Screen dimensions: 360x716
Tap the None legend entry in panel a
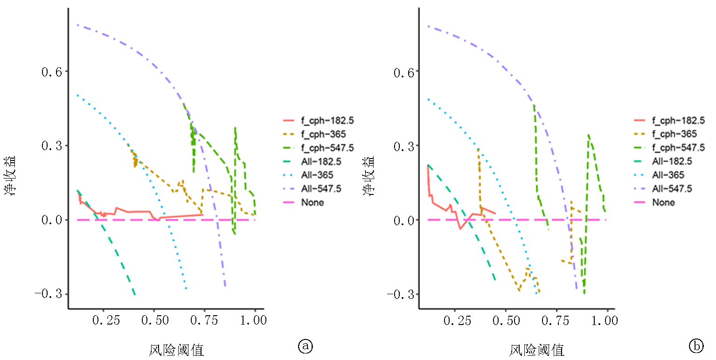coord(313,202)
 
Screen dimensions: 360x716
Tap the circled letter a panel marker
coord(305,346)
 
